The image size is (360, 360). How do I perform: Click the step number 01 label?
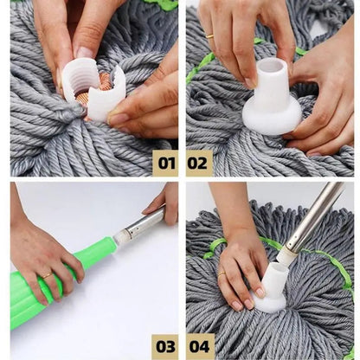pyautogui.click(x=164, y=162)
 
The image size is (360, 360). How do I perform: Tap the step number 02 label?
pyautogui.click(x=198, y=162)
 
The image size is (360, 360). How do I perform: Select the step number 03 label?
pyautogui.click(x=164, y=345)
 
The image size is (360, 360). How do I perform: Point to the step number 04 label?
pyautogui.click(x=198, y=345)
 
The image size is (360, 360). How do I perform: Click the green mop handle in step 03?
pyautogui.click(x=61, y=281)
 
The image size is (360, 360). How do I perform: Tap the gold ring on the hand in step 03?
pyautogui.click(x=45, y=275)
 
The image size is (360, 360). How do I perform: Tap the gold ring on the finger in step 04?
pyautogui.click(x=222, y=273)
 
